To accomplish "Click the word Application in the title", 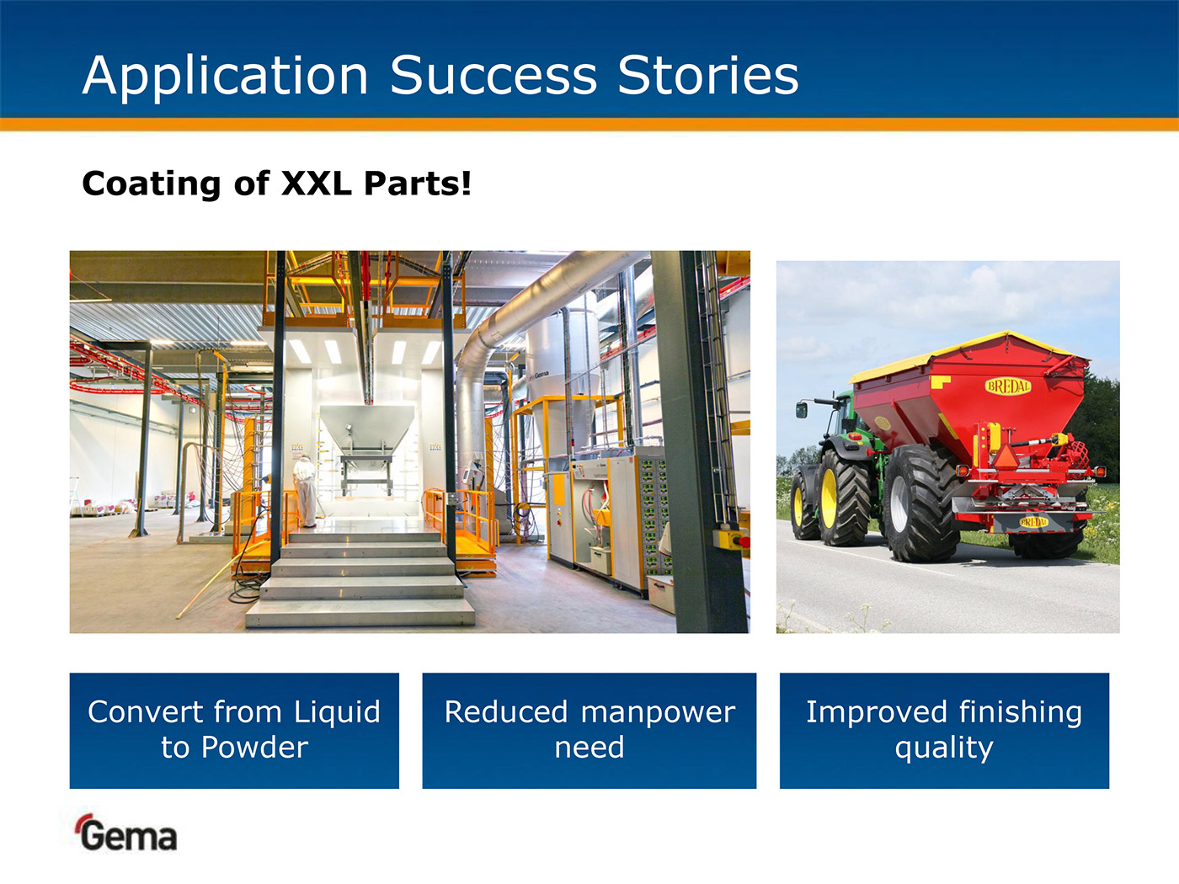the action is [226, 76].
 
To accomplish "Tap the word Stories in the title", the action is [708, 76].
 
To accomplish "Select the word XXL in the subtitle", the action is [317, 184].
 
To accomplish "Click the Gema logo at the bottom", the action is [125, 833].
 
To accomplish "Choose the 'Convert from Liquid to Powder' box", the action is [234, 731].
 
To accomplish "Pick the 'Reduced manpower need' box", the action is [589, 731].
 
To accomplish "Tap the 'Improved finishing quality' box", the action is [944, 731].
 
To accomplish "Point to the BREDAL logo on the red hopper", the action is [1008, 386].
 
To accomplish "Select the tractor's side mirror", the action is [802, 410].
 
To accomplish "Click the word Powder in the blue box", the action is [254, 747].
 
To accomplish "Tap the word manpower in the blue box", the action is [658, 713].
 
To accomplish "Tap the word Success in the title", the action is [493, 76].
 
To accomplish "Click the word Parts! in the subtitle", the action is [418, 184].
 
